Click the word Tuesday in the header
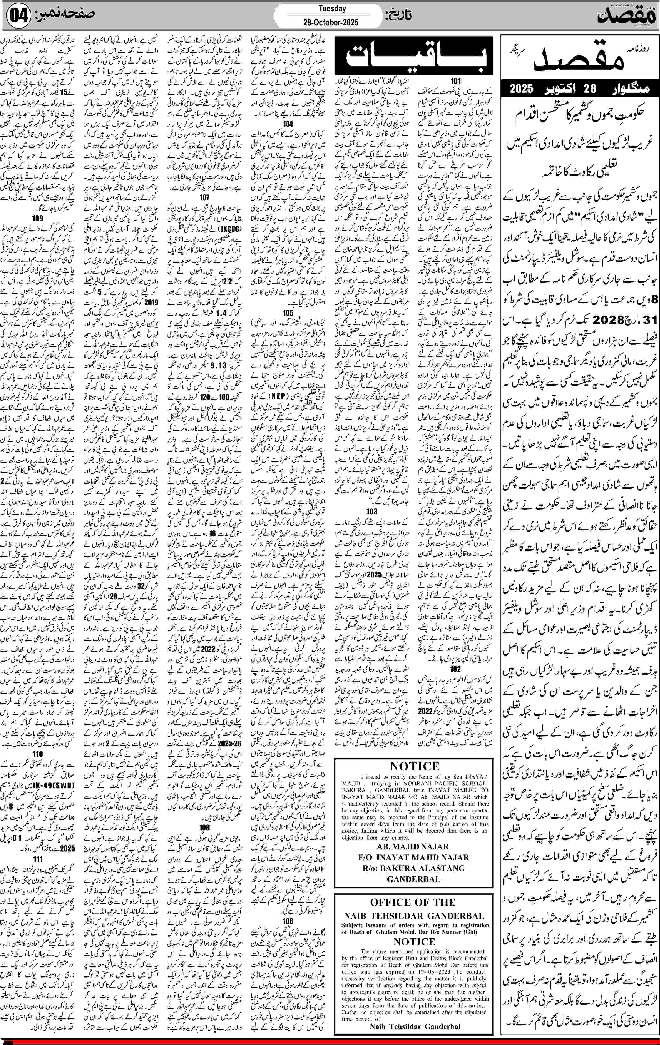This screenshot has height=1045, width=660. (332, 8)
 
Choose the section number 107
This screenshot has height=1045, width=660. (205, 197)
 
